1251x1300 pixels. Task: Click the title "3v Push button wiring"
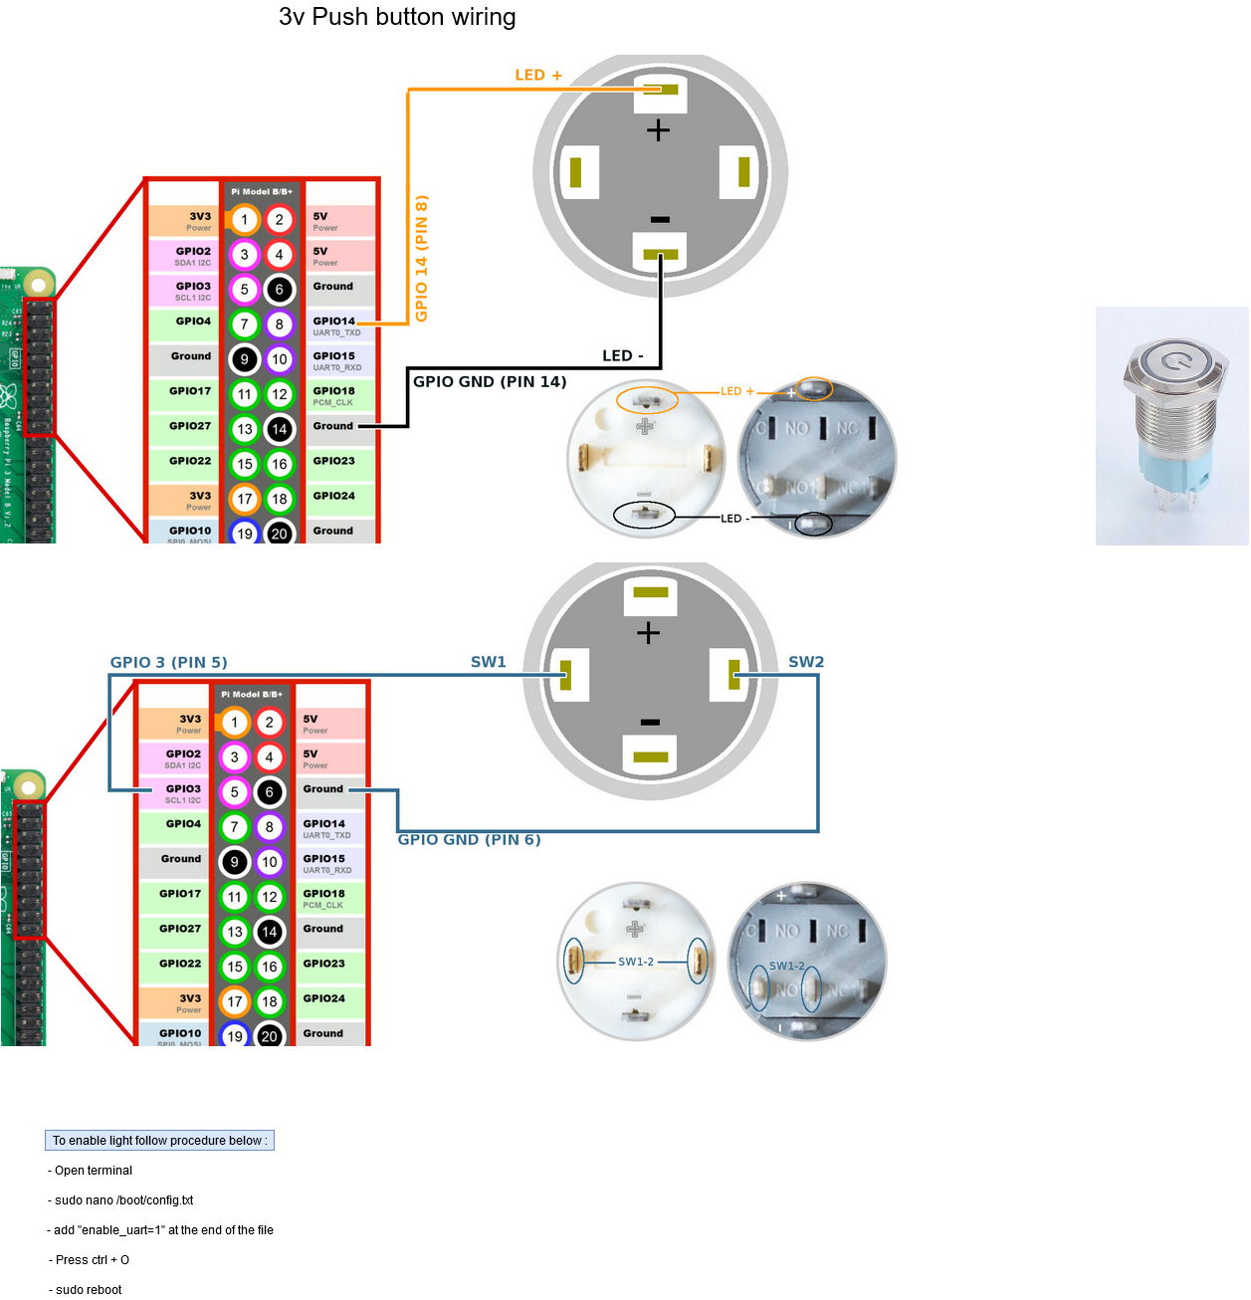coord(397,17)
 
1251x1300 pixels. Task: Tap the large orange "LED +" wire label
coord(538,76)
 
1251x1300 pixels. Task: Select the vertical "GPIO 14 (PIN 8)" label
coord(421,259)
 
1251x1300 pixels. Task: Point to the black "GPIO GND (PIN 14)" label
coord(490,382)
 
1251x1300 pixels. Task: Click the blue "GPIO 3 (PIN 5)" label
coord(169,663)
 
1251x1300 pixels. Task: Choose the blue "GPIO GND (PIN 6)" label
coord(469,840)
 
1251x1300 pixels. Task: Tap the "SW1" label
coord(489,662)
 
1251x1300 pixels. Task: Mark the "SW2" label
coord(806,662)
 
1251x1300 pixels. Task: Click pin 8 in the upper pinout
coord(280,325)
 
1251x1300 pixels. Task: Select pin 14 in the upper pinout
coord(280,429)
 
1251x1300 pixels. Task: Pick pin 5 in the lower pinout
coord(235,792)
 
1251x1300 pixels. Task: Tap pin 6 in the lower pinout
coord(270,792)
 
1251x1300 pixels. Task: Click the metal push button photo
coord(1171,426)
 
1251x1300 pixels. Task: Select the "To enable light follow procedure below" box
coord(159,1141)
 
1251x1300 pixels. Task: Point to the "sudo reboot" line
coord(89,1290)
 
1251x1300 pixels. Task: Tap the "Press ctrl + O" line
coord(92,1260)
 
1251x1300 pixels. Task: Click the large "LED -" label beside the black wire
coord(623,356)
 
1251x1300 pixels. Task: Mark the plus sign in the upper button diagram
coord(658,130)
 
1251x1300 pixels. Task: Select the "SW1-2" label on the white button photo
coord(636,962)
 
